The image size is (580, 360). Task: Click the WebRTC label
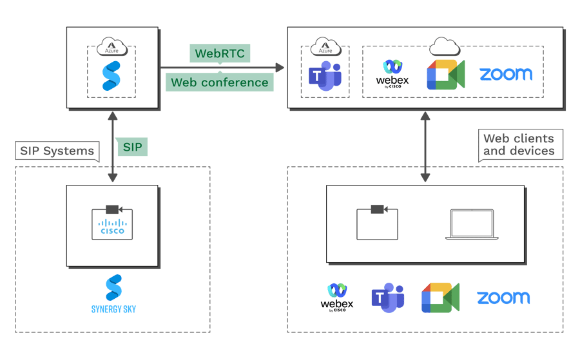[x=220, y=53]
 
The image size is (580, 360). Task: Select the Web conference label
[x=219, y=82]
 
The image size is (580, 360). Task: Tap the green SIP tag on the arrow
[x=132, y=147]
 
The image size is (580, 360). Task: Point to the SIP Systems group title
[x=57, y=151]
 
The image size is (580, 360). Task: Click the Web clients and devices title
[x=519, y=145]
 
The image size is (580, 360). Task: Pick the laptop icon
[x=472, y=224]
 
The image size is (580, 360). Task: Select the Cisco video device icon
[x=112, y=223]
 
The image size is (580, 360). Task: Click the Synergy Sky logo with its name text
[x=113, y=294]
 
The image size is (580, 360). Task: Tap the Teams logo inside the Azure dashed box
[x=325, y=76]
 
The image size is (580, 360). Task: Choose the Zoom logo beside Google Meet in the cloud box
[x=506, y=73]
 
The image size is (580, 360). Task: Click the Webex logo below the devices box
[x=337, y=297]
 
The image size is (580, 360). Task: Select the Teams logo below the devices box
[x=387, y=298]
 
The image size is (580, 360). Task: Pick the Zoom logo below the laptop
[x=503, y=298]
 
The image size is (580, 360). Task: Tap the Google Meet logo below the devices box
[x=440, y=298]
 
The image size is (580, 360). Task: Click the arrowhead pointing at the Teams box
[x=280, y=67]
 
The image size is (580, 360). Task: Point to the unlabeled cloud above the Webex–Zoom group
[x=444, y=46]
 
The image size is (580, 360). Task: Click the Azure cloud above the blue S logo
[x=111, y=46]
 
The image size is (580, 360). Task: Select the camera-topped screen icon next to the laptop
[x=377, y=223]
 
